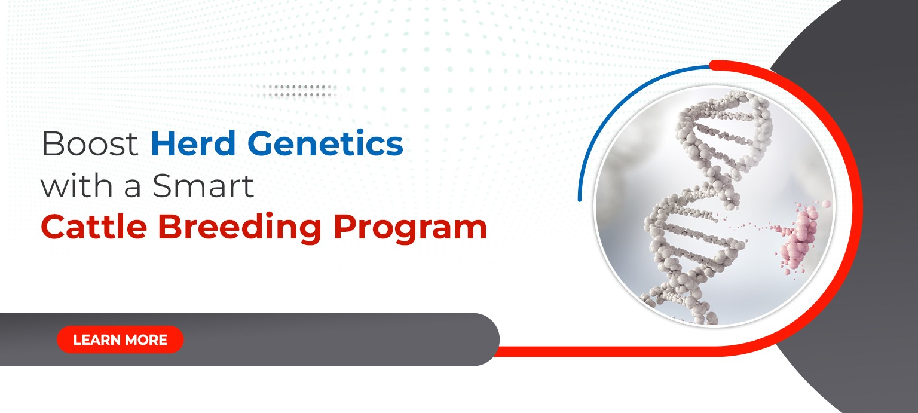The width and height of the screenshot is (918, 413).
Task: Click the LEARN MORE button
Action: (120, 340)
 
